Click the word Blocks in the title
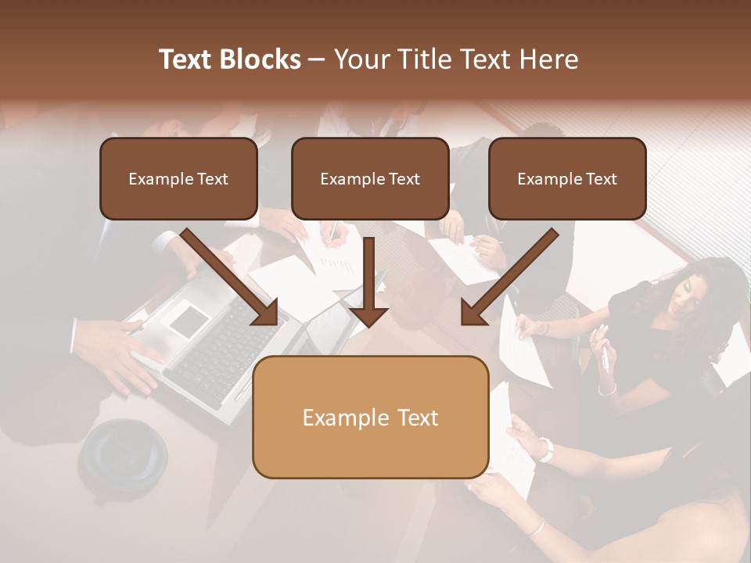point(261,59)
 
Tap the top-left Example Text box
point(178,178)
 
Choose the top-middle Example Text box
point(370,178)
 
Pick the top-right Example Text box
point(567,178)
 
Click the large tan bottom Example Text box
point(370,418)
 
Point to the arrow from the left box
point(231,278)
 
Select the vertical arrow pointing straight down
point(369,281)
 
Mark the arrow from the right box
point(509,278)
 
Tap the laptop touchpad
point(189,321)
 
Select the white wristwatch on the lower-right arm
point(545,449)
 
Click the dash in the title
point(317,59)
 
